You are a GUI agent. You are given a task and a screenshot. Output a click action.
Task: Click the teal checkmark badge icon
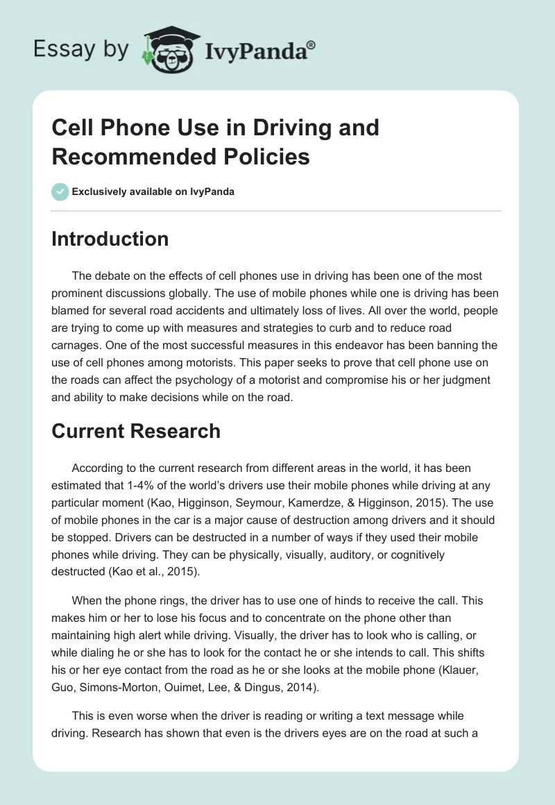pyautogui.click(x=60, y=192)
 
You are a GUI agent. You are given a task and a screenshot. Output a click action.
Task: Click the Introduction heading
pyautogui.click(x=110, y=239)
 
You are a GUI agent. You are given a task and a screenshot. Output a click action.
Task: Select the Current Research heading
pyautogui.click(x=136, y=431)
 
